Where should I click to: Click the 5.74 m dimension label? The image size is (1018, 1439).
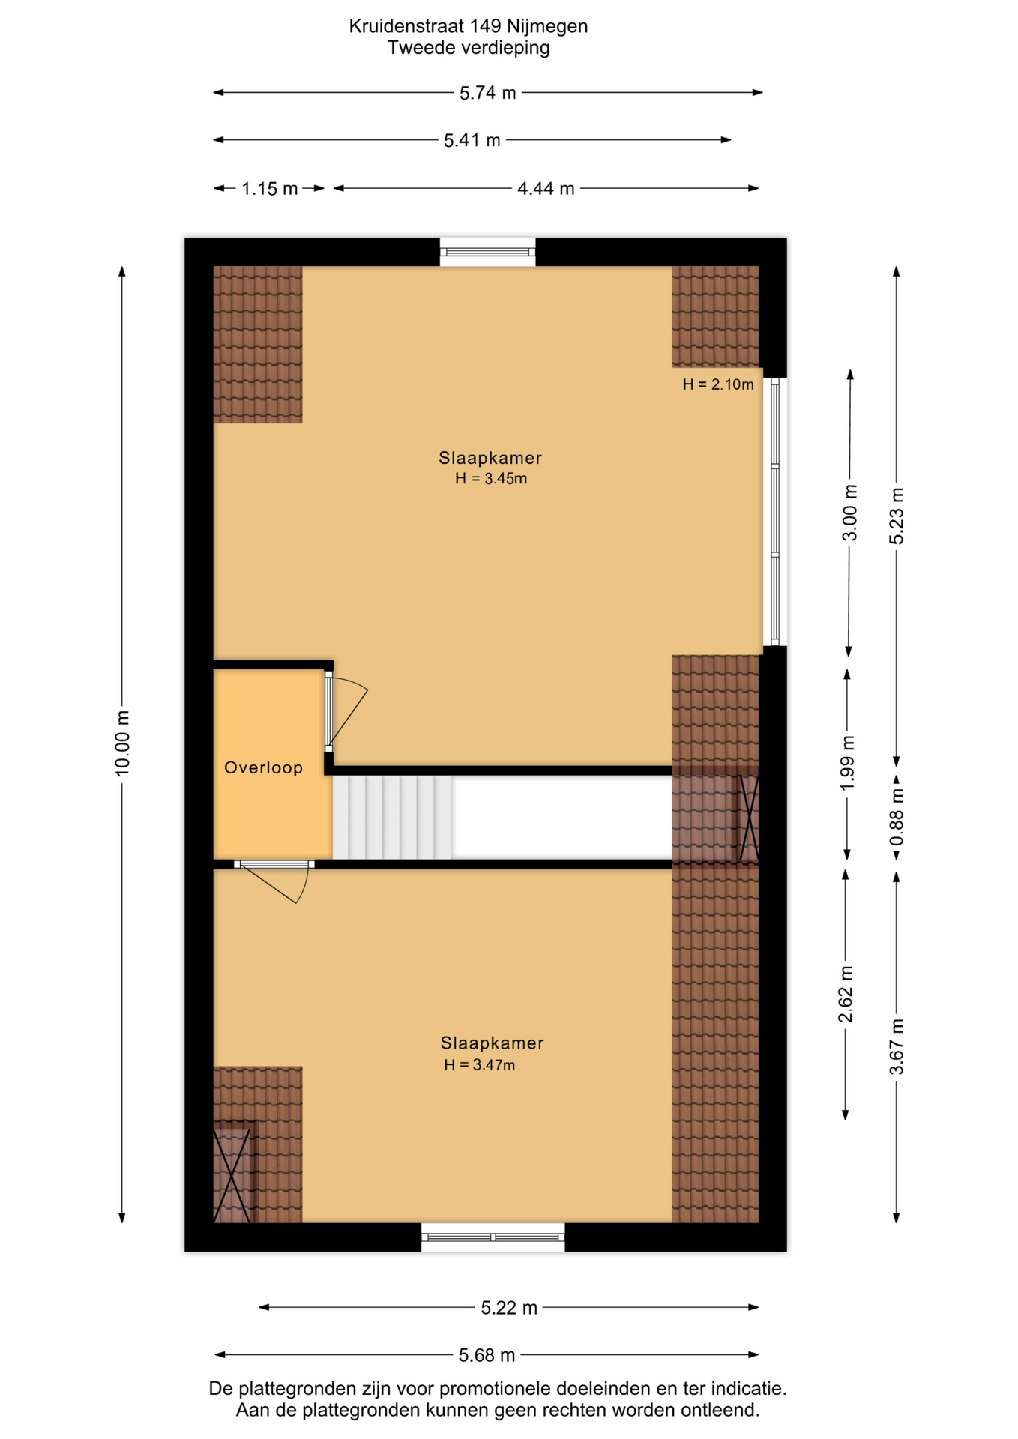tap(487, 93)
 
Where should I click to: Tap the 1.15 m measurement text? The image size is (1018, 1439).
tap(269, 189)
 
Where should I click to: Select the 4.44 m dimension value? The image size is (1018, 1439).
tap(546, 189)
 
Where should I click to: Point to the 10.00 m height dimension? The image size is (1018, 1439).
tap(122, 743)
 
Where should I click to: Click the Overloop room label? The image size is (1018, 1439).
tap(264, 767)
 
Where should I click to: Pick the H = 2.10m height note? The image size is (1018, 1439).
tap(718, 384)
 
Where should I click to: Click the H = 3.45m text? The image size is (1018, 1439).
tap(491, 479)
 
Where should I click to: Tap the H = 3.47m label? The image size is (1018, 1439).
tap(480, 1065)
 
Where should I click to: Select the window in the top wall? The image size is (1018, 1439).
tap(488, 252)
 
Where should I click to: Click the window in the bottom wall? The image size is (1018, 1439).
tap(493, 1237)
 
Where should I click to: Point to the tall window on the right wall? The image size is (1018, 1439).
tap(775, 512)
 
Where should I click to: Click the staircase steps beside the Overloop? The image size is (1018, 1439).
tap(392, 818)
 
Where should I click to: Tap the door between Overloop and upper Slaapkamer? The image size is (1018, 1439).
tap(328, 711)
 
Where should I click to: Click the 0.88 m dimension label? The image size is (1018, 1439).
tap(897, 816)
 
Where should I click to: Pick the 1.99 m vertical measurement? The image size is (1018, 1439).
tap(847, 763)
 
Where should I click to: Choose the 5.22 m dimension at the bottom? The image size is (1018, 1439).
tap(509, 1308)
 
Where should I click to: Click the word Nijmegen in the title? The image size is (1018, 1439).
tap(547, 26)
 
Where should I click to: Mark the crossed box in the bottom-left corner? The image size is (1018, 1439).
tap(232, 1176)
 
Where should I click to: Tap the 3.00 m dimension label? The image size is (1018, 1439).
tap(849, 513)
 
